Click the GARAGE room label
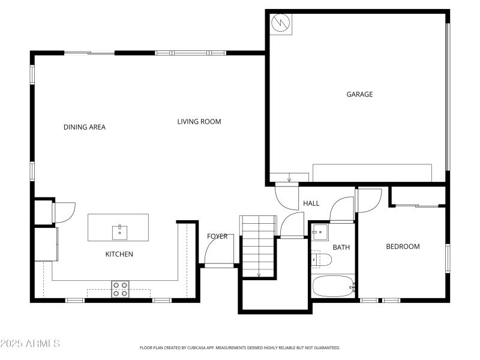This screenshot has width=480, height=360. click(359, 94)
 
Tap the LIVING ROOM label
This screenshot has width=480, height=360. click(199, 122)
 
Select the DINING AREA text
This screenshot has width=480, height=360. click(85, 127)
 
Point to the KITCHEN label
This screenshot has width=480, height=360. click(119, 254)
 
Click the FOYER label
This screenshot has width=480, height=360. click(217, 236)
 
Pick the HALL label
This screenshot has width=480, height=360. click(311, 203)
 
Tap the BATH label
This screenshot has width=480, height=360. click(341, 247)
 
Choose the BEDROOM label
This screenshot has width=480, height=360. click(403, 247)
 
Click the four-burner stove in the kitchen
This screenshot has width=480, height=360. click(120, 289)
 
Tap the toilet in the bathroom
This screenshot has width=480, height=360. click(322, 259)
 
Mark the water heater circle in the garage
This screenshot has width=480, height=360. click(280, 23)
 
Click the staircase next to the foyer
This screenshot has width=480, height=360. click(258, 246)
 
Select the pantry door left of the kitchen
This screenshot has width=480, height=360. click(64, 212)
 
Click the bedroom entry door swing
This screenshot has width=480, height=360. click(369, 200)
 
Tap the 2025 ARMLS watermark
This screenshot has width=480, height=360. click(30, 344)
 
